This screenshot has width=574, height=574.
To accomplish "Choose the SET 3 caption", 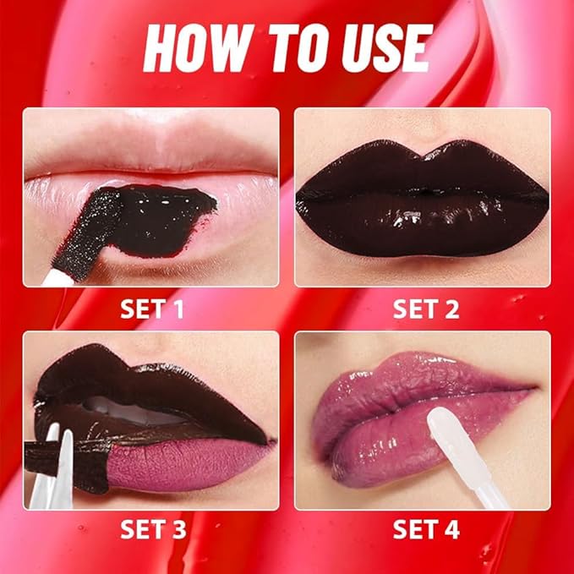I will coord(152,530).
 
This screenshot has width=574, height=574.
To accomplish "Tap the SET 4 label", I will coord(425,530).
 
